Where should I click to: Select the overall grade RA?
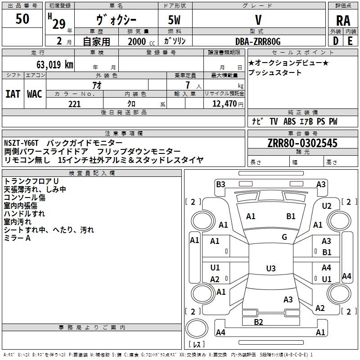pyautogui.click(x=343, y=21)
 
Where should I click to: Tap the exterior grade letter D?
pyautogui.click(x=335, y=40)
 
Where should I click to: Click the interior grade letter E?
pyautogui.click(x=351, y=40)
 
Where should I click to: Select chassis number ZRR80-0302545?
pyautogui.click(x=302, y=143)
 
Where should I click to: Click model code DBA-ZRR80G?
pyautogui.click(x=257, y=41)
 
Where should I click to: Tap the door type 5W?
pyautogui.click(x=175, y=20)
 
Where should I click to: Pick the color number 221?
pyautogui.click(x=74, y=104)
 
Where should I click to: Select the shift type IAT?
pyautogui.click(x=13, y=94)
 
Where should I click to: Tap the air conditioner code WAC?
pyautogui.click(x=34, y=94)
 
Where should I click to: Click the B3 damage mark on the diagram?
pyautogui.click(x=220, y=184)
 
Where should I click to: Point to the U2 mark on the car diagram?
pyautogui.click(x=327, y=206)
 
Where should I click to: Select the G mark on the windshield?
pyautogui.click(x=284, y=237)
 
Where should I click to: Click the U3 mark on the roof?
pyautogui.click(x=270, y=269)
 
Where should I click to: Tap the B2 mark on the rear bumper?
pyautogui.click(x=258, y=322)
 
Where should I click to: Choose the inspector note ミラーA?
pyautogui.click(x=17, y=238)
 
